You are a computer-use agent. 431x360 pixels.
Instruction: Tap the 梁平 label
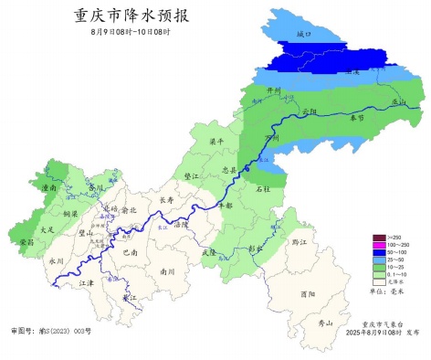[217, 142]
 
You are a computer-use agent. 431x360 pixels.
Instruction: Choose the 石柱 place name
[263, 188]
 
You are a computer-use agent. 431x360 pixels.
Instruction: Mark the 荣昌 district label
[27, 242]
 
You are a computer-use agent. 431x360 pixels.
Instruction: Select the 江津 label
[87, 283]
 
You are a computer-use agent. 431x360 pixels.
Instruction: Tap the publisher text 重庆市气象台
[379, 323]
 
